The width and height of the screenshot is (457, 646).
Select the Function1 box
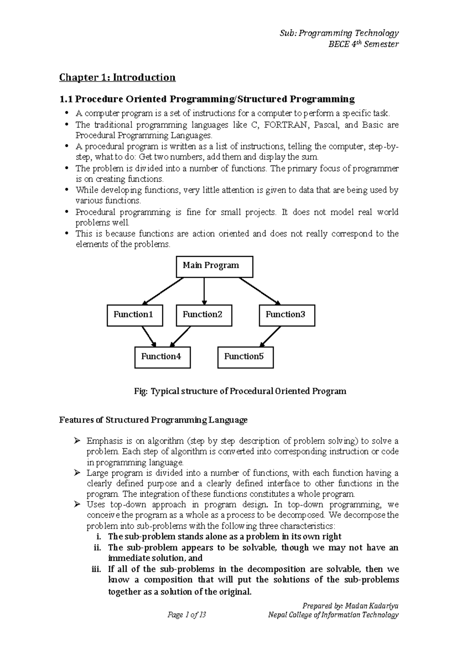[135, 315]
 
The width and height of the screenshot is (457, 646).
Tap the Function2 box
[204, 315]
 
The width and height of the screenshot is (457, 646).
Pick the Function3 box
[287, 315]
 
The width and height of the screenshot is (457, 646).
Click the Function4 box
[162, 357]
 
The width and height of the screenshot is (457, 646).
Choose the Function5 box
[245, 357]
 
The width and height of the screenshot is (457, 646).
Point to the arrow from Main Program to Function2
[204, 291]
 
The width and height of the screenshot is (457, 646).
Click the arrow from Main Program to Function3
[260, 291]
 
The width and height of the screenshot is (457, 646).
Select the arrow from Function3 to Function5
[270, 336]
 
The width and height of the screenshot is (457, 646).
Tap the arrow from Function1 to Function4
[149, 336]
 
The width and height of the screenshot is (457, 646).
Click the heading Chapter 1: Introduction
[117, 78]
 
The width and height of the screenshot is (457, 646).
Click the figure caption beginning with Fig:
[240, 391]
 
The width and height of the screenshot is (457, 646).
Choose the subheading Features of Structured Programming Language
[153, 420]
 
